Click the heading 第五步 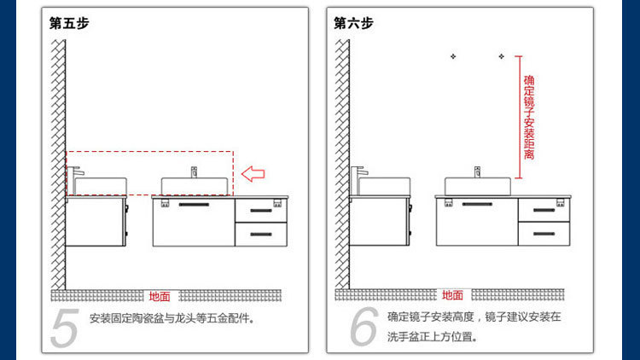click(x=69, y=23)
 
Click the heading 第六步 click(x=353, y=23)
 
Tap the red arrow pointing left click(x=253, y=175)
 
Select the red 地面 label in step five click(x=160, y=297)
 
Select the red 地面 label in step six click(x=452, y=295)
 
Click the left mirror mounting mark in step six click(x=453, y=57)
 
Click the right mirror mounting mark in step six click(x=501, y=57)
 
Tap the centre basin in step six click(x=480, y=186)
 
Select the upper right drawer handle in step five click(x=259, y=209)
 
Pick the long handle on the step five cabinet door click(x=194, y=205)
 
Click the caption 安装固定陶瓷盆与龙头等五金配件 click(x=172, y=319)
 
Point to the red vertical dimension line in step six click(x=518, y=111)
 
